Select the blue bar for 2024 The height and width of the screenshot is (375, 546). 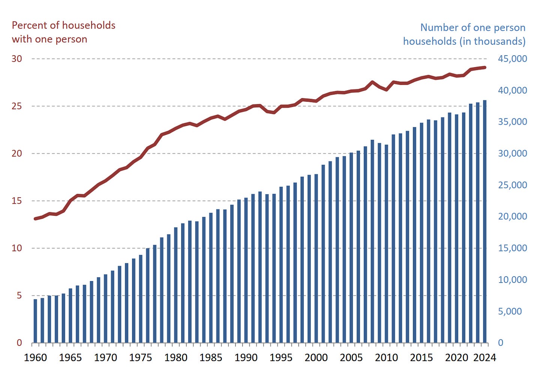484,221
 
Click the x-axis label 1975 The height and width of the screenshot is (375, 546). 140,357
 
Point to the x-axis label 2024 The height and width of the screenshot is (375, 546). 484,357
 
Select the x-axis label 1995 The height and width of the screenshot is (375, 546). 281,357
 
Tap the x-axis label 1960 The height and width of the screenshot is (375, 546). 35,357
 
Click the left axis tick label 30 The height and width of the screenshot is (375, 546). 17,59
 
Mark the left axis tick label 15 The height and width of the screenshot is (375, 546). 17,201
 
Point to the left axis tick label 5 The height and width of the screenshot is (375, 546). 19,295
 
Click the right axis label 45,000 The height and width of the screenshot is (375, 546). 512,59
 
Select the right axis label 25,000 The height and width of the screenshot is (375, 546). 512,185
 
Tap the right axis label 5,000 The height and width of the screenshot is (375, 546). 510,311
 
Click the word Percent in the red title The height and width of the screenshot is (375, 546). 28,25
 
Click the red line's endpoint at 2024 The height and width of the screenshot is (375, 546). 484,68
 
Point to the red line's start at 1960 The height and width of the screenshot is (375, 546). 35,219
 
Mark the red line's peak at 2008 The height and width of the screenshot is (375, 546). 372,82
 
